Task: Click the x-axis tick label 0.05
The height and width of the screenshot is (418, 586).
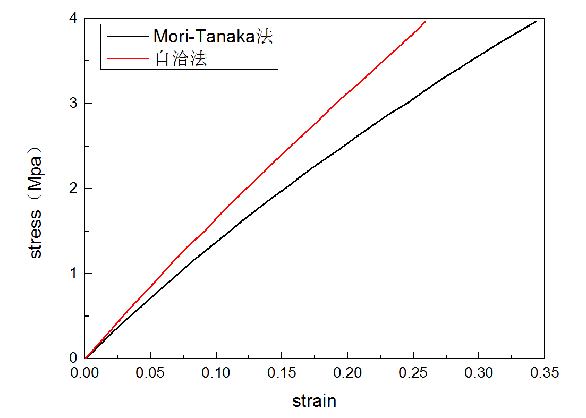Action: coord(151,373)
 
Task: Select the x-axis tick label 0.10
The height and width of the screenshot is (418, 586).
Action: coord(217,373)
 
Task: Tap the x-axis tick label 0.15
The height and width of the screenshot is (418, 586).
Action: coord(282,373)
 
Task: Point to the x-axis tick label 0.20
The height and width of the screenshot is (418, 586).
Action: coord(348,373)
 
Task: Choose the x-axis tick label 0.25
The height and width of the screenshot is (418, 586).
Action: coord(413,373)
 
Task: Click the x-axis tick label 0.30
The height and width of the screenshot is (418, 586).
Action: coord(479,373)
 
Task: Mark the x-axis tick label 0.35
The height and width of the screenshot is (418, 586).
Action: coord(545,373)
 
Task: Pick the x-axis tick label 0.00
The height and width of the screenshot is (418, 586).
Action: coord(86,373)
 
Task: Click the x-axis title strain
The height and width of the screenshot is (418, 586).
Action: coord(315,400)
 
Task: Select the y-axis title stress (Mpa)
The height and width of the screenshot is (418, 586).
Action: coord(36,201)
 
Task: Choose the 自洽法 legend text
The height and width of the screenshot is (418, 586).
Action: coord(181,58)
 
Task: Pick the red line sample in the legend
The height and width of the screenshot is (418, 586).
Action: coord(128,58)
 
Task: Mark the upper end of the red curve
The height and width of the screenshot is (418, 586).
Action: coord(425,21)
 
